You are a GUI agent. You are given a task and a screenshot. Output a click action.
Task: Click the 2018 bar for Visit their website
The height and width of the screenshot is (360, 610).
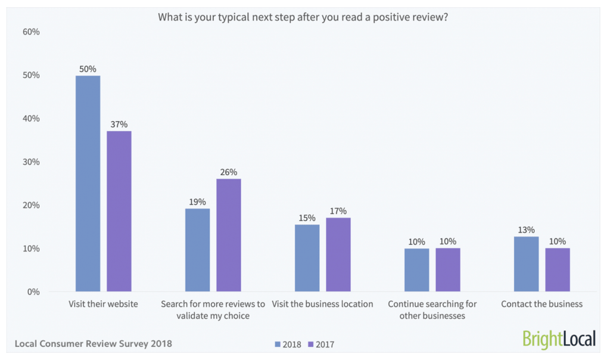88,184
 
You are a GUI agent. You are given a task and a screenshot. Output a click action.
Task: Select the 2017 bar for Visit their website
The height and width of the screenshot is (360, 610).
119,211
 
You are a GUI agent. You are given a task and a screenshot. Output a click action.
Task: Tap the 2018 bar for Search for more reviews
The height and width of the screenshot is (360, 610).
197,250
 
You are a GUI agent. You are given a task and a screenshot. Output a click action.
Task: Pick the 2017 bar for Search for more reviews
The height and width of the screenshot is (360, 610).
229,235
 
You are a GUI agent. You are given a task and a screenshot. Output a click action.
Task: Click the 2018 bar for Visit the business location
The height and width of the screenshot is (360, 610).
307,258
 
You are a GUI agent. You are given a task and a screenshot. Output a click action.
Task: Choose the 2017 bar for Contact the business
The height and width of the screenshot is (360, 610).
558,269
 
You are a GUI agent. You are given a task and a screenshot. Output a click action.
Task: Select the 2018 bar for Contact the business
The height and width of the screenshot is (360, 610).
526,264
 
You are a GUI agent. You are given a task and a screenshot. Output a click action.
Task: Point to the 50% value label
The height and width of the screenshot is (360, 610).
88,69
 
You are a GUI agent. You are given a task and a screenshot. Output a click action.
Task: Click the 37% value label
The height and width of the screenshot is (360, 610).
119,125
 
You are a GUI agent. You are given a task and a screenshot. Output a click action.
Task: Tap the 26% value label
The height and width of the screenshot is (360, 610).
229,172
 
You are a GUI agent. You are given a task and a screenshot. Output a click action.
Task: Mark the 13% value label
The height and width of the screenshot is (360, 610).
526,230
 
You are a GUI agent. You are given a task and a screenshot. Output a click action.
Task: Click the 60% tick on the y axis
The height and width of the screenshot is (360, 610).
31,32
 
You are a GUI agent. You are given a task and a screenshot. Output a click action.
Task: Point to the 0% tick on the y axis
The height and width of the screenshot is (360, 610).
33,292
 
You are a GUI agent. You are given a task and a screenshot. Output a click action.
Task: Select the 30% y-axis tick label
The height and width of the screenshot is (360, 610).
31,162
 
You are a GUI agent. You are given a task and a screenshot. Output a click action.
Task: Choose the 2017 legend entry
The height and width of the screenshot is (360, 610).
321,345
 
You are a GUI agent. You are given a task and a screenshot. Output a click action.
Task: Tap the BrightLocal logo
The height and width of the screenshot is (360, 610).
559,339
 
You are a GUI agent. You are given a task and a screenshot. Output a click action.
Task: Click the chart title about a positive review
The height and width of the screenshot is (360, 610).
303,17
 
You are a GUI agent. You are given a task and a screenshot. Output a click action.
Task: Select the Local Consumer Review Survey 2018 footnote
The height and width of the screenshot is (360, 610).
94,344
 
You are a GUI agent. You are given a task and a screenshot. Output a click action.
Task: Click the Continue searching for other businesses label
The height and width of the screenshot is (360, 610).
432,310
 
